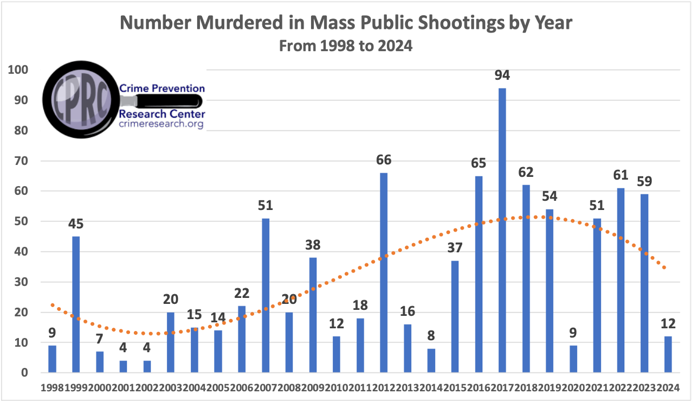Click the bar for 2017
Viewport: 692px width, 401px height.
coord(502,230)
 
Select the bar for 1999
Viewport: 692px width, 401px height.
coord(76,304)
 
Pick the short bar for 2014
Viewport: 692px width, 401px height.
coord(431,360)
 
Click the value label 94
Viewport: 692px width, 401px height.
coord(502,75)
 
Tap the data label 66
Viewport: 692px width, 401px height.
coord(384,160)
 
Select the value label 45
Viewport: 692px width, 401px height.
coord(76,224)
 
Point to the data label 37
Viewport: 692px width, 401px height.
coord(455,248)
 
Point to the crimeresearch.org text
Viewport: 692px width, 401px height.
coord(161,124)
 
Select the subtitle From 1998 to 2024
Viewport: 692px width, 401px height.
coord(346,47)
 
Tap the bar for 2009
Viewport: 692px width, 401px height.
coord(313,315)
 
